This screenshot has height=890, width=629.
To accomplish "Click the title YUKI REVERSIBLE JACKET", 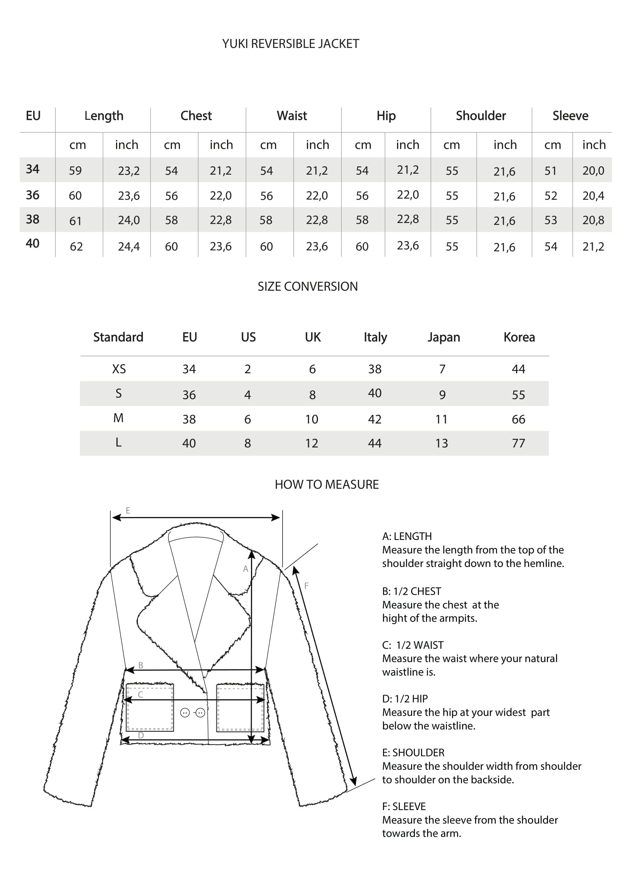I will [x=291, y=44].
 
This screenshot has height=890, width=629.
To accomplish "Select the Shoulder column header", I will [x=481, y=116].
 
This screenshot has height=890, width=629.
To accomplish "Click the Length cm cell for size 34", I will [x=75, y=170].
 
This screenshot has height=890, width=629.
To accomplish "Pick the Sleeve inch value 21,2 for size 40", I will [x=593, y=247].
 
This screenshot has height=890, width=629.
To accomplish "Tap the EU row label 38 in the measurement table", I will [x=33, y=220].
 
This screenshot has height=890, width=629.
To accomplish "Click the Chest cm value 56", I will [x=171, y=196].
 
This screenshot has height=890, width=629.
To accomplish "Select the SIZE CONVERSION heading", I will [x=308, y=287].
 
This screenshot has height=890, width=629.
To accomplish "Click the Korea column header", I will [x=519, y=337].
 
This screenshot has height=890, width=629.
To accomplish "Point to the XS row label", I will [x=119, y=369].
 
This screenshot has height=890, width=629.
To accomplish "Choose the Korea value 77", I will [x=518, y=443].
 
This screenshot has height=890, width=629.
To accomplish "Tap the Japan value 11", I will [x=441, y=419].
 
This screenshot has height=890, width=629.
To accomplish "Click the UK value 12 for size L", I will [x=311, y=443].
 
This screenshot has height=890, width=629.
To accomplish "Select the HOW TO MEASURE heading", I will [x=327, y=484].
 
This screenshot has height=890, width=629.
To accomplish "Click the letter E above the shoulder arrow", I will [x=128, y=511].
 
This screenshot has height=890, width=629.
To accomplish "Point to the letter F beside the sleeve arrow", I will [x=307, y=586].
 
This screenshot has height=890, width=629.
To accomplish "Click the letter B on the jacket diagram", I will [x=141, y=665].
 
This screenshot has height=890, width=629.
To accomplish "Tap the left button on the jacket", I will [x=185, y=713].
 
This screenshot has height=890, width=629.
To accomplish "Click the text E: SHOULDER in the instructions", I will [x=413, y=753].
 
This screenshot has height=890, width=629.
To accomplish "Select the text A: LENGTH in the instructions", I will [x=407, y=537].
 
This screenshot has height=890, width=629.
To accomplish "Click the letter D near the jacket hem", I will [x=141, y=736].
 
